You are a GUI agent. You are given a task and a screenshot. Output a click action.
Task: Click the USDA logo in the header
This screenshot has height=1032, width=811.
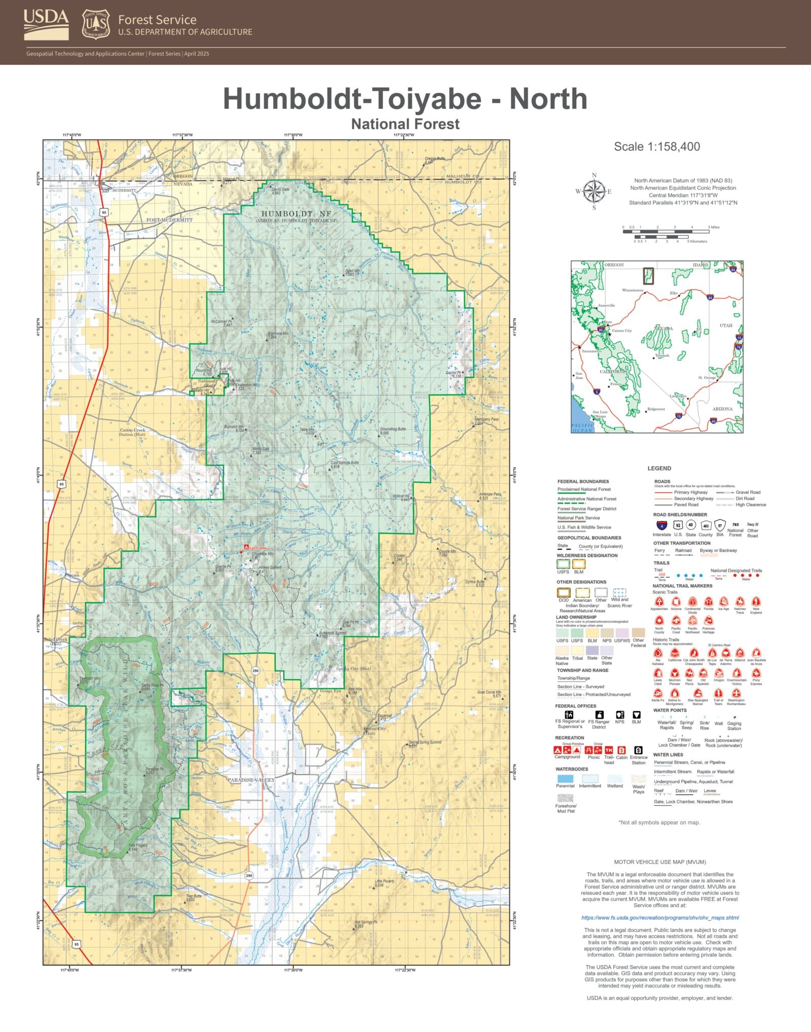pos(46,24)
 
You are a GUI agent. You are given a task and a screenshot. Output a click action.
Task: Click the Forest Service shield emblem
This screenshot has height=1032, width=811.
pos(96,24)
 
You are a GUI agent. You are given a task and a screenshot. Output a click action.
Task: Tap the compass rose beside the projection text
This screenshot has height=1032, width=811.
pos(594,192)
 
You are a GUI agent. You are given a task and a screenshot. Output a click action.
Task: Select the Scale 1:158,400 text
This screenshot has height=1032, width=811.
pos(657,147)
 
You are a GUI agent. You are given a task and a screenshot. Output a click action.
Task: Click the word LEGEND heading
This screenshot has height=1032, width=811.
pos(659,468)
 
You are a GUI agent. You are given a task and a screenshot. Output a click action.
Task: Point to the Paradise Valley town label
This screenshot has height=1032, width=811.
pos(250,780)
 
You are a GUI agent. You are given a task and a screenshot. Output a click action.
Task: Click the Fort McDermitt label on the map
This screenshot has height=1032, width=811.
pos(169,220)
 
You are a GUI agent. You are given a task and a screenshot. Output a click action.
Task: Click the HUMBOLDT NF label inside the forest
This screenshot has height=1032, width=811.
pos(297,214)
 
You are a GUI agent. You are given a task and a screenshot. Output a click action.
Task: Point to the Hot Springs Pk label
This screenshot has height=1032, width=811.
pos(366,922)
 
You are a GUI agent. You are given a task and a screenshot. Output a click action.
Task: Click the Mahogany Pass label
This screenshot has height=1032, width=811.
pos(486,419)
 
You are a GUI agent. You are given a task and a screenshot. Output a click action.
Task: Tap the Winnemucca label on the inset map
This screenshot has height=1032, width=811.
pos(632,290)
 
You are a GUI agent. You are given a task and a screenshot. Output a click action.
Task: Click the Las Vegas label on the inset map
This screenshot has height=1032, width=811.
pos(678,396)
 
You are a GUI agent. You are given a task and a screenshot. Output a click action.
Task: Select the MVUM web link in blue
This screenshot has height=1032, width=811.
pos(660,918)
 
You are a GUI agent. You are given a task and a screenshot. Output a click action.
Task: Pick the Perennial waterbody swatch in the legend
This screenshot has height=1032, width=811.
pos(565,779)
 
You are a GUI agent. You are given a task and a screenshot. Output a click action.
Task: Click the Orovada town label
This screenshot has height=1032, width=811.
pos(71,575)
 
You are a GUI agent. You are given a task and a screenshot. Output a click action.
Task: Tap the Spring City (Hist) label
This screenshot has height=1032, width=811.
pos(353,669)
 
